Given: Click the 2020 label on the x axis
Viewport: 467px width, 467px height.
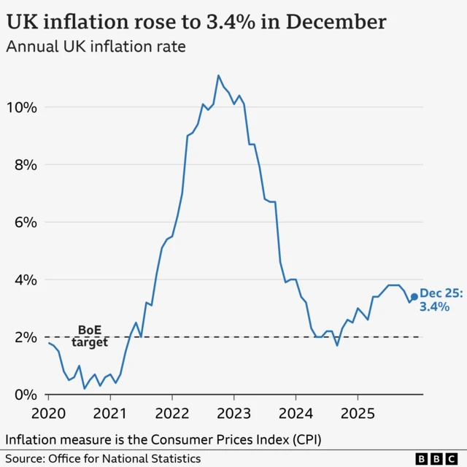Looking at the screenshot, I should coord(49,412).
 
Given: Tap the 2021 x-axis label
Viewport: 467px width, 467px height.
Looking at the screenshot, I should coord(110,412).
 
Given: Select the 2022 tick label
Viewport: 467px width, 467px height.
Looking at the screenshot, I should coord(172,412).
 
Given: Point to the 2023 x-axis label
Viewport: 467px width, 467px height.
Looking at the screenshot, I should coord(233,412).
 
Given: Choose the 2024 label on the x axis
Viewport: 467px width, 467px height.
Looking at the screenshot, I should coord(296,412).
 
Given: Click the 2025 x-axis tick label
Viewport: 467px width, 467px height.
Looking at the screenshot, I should coord(357,412).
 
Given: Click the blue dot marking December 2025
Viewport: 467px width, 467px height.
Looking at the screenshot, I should coord(414,297).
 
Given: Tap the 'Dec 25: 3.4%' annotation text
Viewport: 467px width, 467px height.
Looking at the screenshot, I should coord(440,300).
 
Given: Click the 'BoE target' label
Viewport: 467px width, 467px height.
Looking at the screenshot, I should coord(90,336).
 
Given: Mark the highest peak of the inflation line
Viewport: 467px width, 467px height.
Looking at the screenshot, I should coord(218,75).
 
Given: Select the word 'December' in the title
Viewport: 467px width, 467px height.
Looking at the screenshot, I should coord(336,22).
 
